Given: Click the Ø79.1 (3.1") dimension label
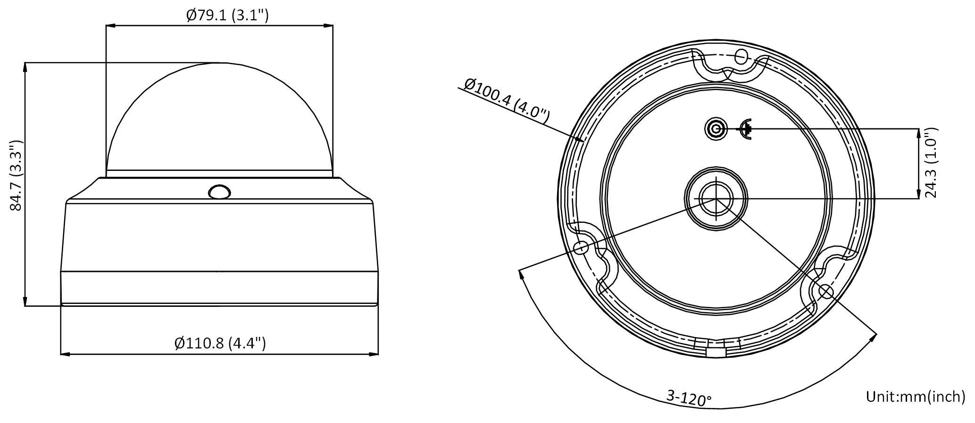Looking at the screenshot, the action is [227, 16].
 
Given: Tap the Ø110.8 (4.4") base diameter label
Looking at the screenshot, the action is [220, 343].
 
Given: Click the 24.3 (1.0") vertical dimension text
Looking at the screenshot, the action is [931, 161].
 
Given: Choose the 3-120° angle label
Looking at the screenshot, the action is [689, 398].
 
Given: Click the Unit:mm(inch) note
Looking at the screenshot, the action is [916, 397].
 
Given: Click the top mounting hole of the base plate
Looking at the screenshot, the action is [741, 57].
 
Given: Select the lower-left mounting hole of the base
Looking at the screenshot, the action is [581, 247].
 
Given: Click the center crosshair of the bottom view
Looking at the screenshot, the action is [716, 199].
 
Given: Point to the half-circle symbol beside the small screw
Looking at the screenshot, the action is [745, 129].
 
